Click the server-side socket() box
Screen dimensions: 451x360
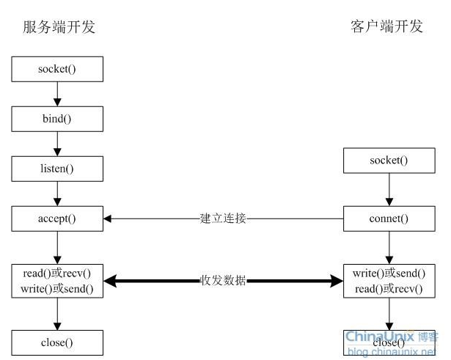57,69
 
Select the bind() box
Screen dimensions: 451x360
57,119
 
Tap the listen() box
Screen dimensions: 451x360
57,169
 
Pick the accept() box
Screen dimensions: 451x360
57,218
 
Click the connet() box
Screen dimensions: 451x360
389,218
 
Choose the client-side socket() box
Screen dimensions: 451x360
389,161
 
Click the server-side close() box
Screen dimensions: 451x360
57,342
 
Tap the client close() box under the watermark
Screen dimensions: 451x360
389,342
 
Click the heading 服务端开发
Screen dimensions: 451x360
59,27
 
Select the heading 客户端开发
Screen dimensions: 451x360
386,26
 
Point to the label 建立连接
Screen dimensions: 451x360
223,218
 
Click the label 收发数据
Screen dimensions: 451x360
223,280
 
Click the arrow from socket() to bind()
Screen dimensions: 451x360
57,94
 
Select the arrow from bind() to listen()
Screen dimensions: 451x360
57,144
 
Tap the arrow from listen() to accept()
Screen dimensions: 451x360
57,194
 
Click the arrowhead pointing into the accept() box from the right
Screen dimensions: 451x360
107,218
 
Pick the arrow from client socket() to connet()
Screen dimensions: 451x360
389,189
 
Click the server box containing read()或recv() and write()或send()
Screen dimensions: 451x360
57,281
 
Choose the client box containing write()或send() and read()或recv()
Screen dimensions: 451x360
389,281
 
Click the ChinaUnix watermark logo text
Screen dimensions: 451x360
380,336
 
